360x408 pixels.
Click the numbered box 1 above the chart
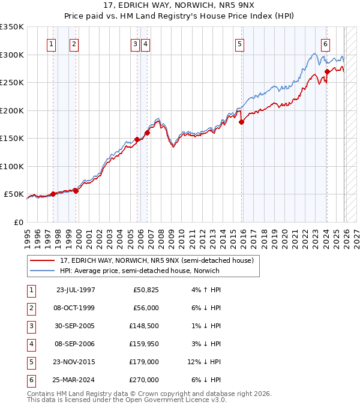[x=51, y=43]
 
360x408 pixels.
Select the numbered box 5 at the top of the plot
[x=239, y=43]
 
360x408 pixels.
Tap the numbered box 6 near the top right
[x=325, y=43]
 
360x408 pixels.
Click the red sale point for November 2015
[x=242, y=122]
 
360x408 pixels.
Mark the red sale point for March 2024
[x=327, y=71]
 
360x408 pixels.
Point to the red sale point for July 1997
[x=53, y=194]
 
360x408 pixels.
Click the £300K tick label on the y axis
[x=12, y=55]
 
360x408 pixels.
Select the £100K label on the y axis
[x=12, y=166]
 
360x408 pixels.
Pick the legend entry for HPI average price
[x=139, y=271]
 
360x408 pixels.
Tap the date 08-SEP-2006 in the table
[x=76, y=343]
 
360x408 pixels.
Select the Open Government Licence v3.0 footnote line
[x=127, y=400]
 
